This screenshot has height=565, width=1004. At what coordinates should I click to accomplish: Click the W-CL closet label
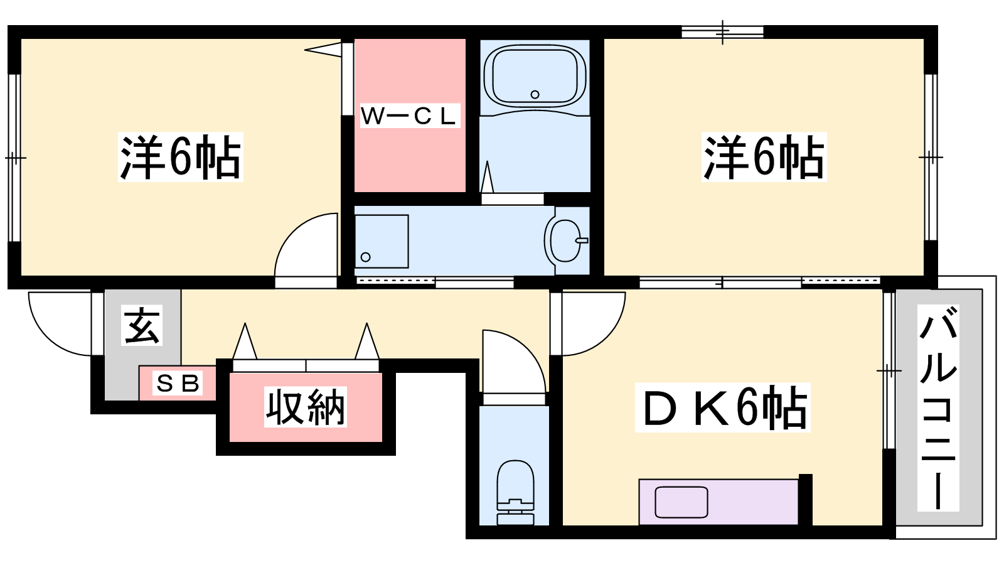[410, 116]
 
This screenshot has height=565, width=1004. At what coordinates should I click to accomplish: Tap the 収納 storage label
[305, 407]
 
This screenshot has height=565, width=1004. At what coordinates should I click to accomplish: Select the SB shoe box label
[178, 384]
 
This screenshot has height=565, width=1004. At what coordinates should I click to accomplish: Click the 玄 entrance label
[142, 326]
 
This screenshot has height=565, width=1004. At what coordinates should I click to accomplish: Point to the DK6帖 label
[722, 407]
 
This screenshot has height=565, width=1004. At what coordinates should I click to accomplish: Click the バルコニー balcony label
[937, 407]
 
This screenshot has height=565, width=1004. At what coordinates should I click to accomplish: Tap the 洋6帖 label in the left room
[180, 157]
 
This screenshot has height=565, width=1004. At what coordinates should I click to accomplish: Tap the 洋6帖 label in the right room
[764, 157]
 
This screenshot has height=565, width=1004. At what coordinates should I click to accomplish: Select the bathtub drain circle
[535, 95]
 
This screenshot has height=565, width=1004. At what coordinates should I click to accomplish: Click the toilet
[515, 492]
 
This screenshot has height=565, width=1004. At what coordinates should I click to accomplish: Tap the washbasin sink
[565, 240]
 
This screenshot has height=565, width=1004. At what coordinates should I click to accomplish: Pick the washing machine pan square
[382, 241]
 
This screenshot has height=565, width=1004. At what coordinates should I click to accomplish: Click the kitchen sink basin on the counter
[681, 502]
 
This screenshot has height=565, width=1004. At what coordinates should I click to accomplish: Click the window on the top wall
[722, 32]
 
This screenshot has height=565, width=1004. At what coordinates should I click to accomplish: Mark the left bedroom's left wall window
[15, 158]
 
